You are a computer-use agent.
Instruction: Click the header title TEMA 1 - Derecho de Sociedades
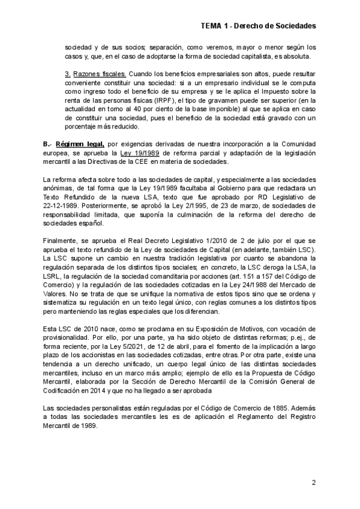coord(258,26)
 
